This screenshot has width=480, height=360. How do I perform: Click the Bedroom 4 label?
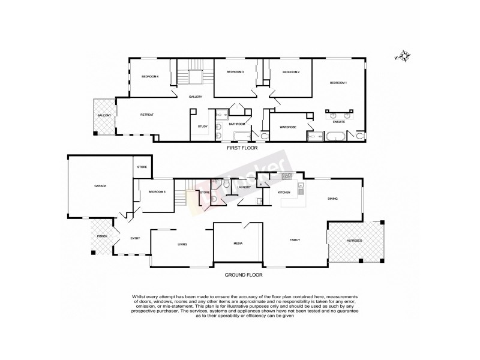pyautogui.click(x=149, y=76)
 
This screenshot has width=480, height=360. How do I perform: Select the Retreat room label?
pyautogui.click(x=147, y=115)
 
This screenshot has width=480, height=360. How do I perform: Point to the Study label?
pyautogui.click(x=202, y=126)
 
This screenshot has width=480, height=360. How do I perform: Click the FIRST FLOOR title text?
pyautogui.click(x=240, y=147)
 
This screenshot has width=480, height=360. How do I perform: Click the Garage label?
pyautogui.click(x=100, y=186)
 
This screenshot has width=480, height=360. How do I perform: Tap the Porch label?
pyautogui.click(x=102, y=238)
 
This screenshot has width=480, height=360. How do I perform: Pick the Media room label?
pyautogui.click(x=238, y=244)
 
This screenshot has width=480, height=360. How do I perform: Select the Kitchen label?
pyautogui.click(x=284, y=192)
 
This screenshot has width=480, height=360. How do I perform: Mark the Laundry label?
pyautogui.click(x=244, y=187)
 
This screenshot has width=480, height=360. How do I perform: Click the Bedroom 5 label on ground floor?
pyautogui.click(x=157, y=191)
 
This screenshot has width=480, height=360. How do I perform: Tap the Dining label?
pyautogui.click(x=332, y=199)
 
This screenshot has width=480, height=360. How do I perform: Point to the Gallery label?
pyautogui.click(x=195, y=97)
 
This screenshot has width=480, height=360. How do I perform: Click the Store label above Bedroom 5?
pyautogui.click(x=142, y=167)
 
